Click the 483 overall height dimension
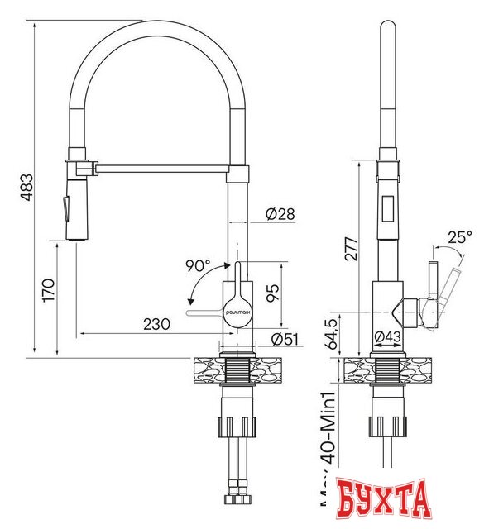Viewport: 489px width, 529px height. (26, 188)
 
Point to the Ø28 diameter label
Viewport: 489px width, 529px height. (280, 215)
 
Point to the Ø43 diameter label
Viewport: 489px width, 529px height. (387, 336)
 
